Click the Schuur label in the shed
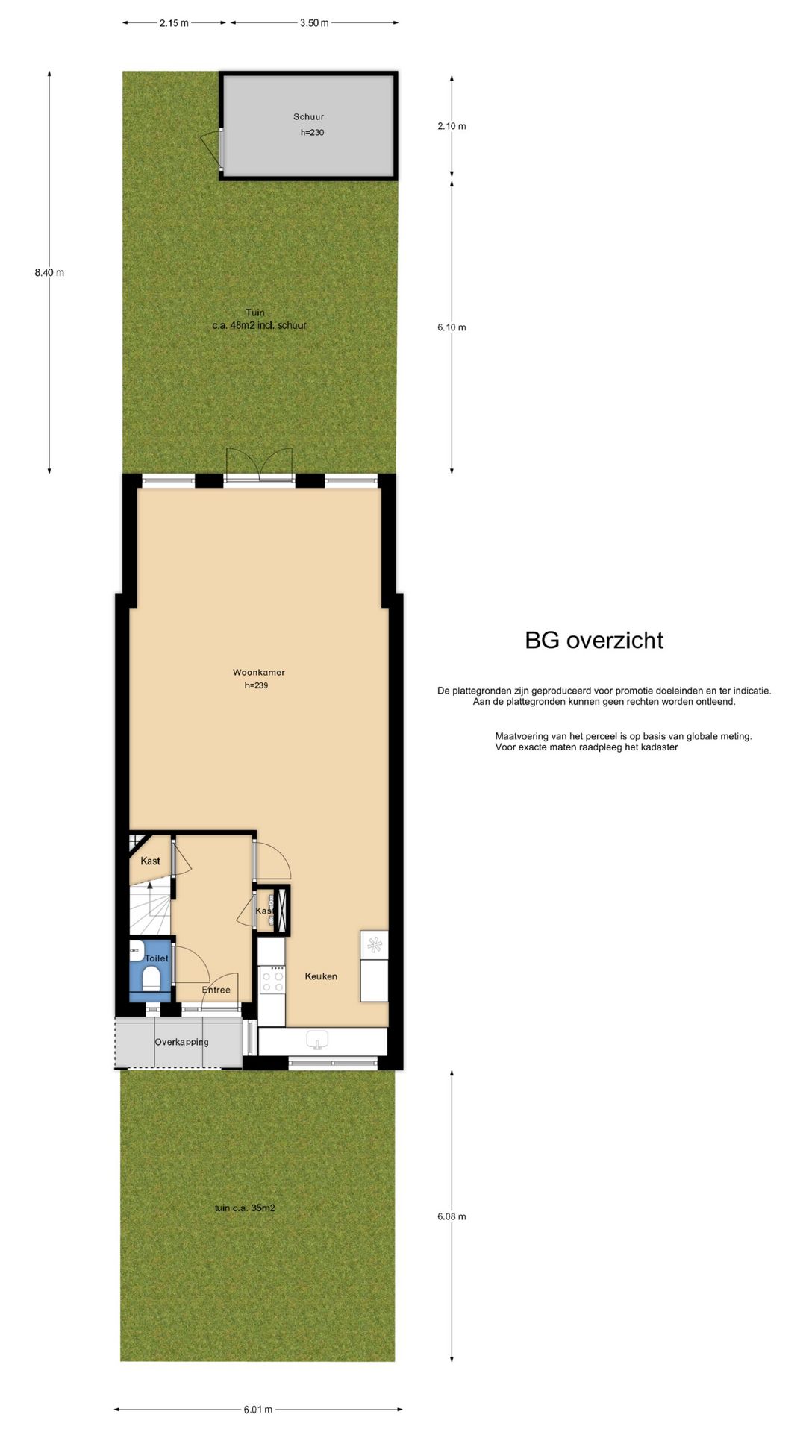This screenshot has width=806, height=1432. click(x=308, y=117)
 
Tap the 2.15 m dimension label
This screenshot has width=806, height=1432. click(x=174, y=23)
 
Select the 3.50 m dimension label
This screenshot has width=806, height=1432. click(x=314, y=23)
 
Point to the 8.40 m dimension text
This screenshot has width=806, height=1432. click(x=49, y=273)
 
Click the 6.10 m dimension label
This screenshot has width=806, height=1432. click(x=452, y=327)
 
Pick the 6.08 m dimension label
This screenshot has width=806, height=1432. click(x=452, y=1216)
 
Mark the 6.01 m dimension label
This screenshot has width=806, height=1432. click(x=258, y=1410)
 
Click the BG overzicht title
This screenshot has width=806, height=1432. click(x=594, y=641)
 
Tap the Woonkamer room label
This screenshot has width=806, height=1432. click(x=258, y=673)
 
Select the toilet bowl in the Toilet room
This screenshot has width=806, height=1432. click(x=151, y=978)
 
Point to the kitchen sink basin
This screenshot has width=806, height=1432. click(x=318, y=1039)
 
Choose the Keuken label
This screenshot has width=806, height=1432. click(x=321, y=976)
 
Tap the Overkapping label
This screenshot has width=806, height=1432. click(x=181, y=1043)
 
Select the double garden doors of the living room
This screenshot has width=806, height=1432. click(x=259, y=465)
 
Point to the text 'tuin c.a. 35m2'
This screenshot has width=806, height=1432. click(x=245, y=1208)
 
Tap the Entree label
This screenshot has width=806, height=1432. click(x=216, y=990)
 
